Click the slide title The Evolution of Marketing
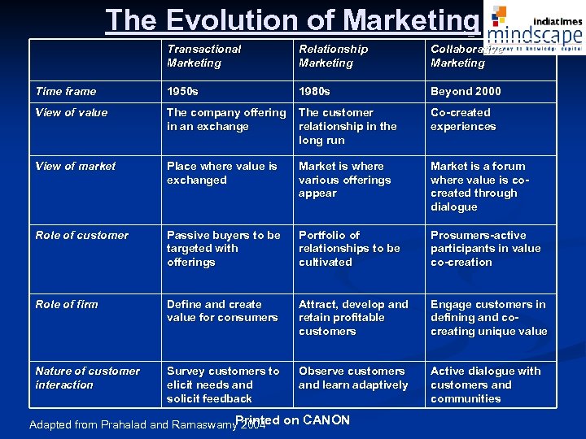tap(291, 20)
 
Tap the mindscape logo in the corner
tap(537, 28)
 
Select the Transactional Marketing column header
tap(204, 56)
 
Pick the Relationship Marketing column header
tap(333, 56)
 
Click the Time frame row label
tap(66, 92)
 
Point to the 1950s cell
tap(181, 92)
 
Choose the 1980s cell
tap(314, 92)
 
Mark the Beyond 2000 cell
tap(466, 92)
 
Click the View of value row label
tap(72, 113)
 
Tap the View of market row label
tap(76, 167)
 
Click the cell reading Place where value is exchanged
tap(221, 173)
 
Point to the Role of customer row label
tap(81, 236)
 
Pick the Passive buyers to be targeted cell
tap(223, 249)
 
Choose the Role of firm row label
tap(67, 305)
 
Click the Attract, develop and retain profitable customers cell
tap(353, 318)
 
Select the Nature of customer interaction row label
tap(87, 378)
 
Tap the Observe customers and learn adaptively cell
tap(353, 378)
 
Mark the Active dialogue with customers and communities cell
tap(485, 385)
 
